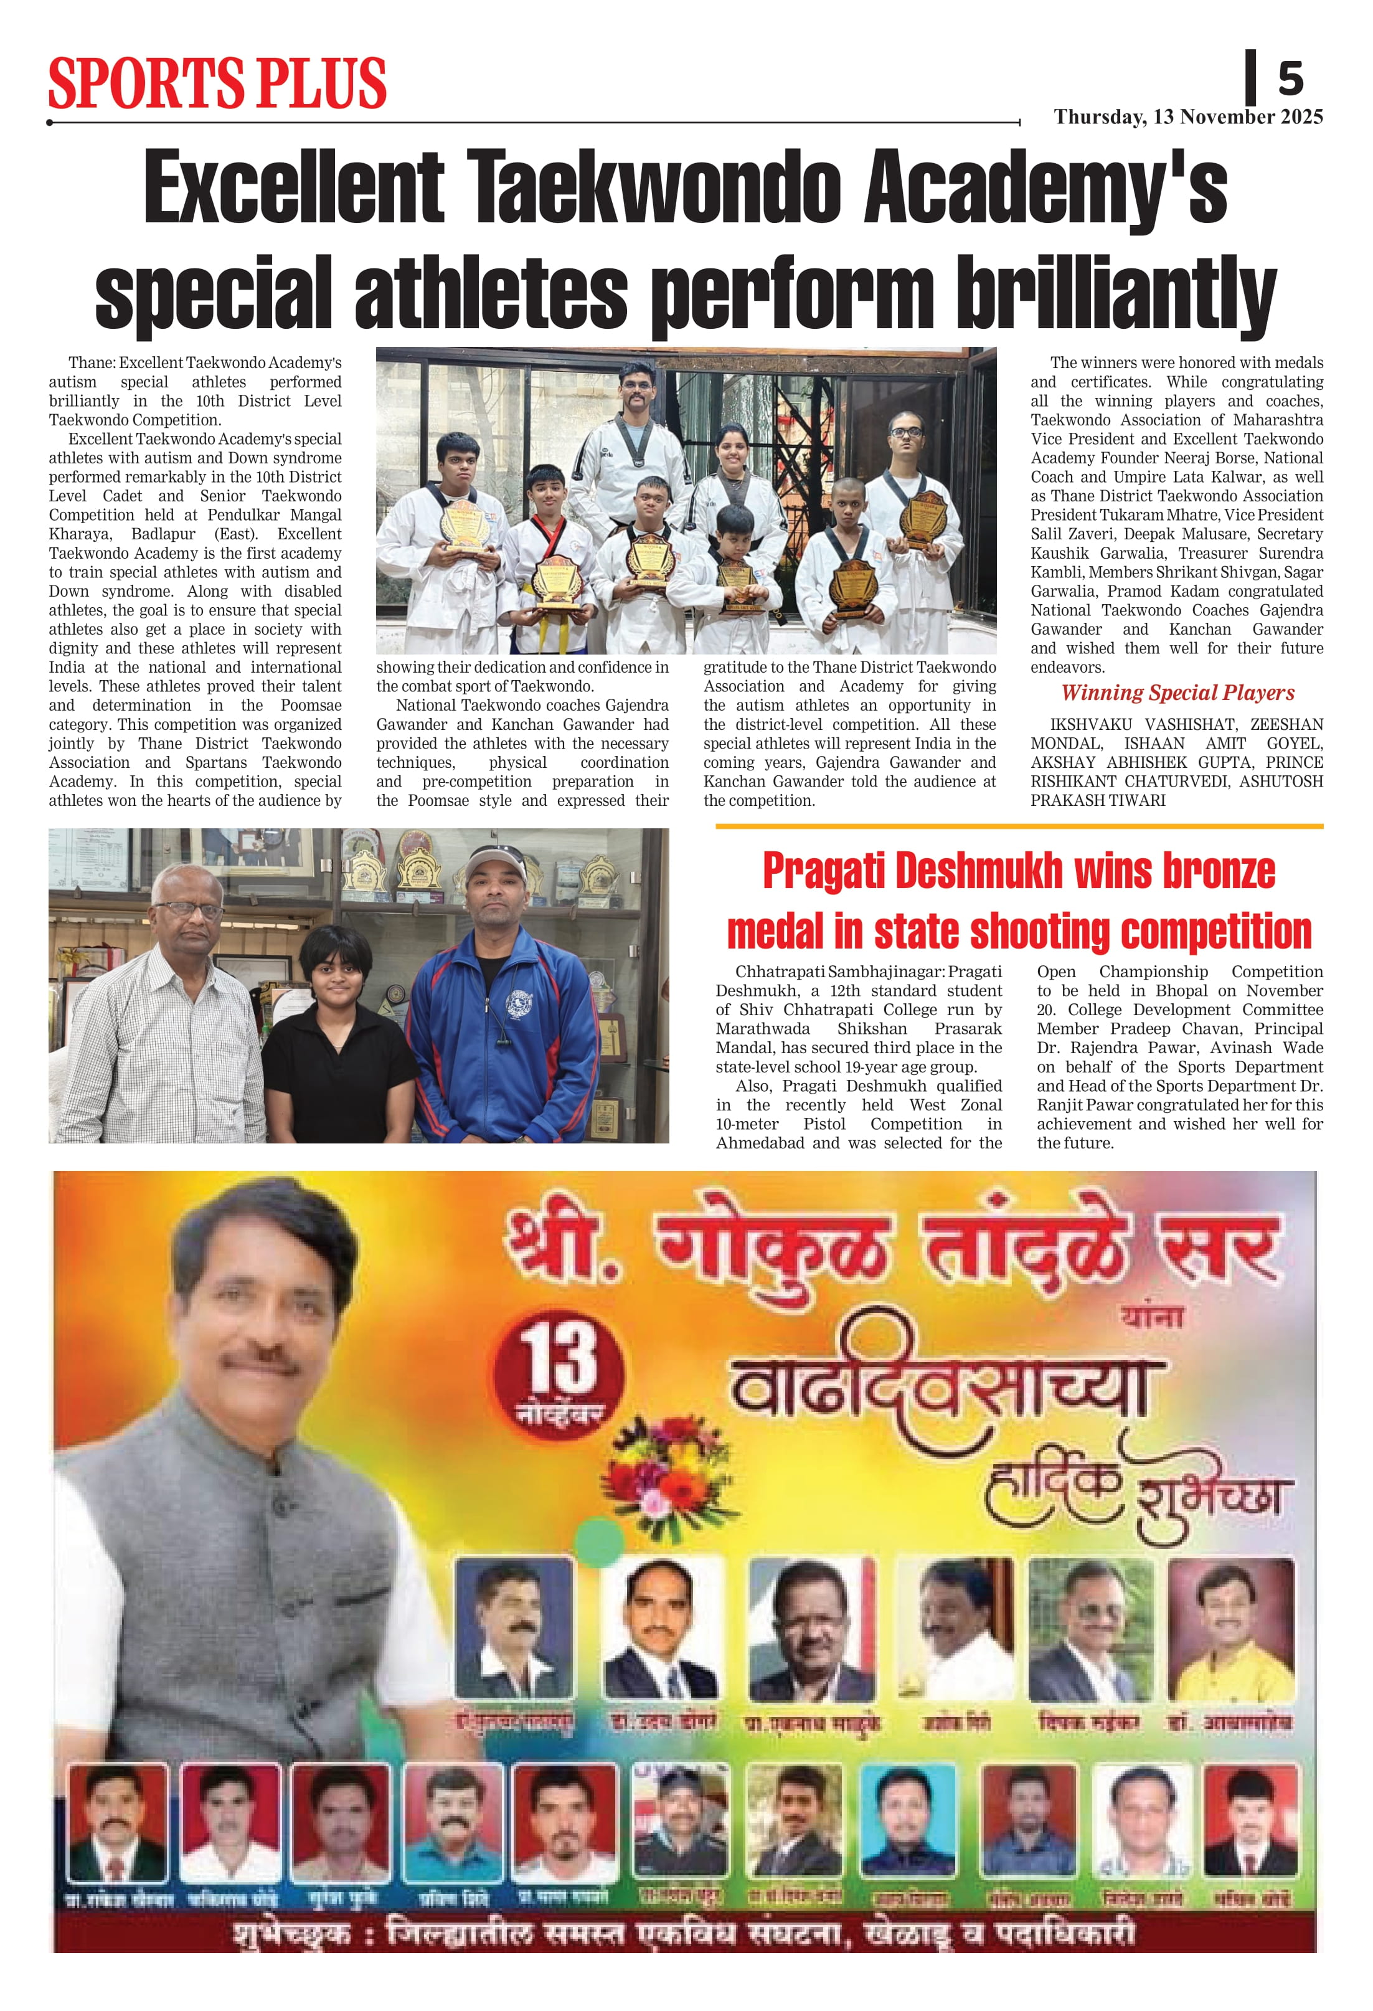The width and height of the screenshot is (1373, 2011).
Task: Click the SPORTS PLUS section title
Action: tap(216, 84)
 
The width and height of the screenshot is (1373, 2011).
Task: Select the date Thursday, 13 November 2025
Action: tap(1188, 117)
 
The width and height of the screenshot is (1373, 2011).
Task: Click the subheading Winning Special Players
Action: tap(1177, 693)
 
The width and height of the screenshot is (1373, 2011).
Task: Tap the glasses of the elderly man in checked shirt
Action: tap(191, 909)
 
